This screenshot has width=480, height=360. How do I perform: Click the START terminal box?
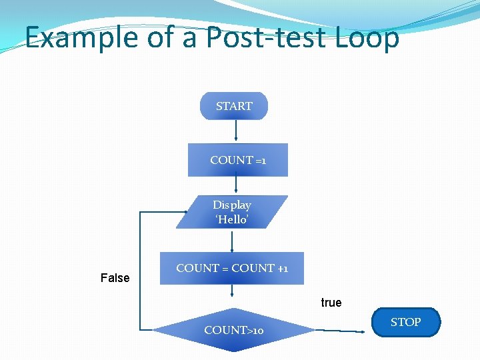pyautogui.click(x=234, y=106)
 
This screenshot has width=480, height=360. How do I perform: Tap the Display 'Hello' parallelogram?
pyautogui.click(x=232, y=212)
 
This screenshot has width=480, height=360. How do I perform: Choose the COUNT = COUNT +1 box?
pyautogui.click(x=231, y=269)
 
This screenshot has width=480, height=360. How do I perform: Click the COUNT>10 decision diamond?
pyautogui.click(x=233, y=329)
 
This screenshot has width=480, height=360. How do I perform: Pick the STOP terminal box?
pyautogui.click(x=405, y=323)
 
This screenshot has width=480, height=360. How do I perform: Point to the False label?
pyautogui.click(x=115, y=278)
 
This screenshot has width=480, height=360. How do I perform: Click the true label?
pyautogui.click(x=331, y=303)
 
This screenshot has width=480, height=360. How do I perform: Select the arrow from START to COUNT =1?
pyautogui.click(x=235, y=131)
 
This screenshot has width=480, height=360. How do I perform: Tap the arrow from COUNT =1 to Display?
pyautogui.click(x=237, y=185)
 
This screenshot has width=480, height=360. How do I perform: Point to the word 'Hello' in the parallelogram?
pyautogui.click(x=232, y=219)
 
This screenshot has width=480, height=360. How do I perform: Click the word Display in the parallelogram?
pyautogui.click(x=232, y=205)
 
